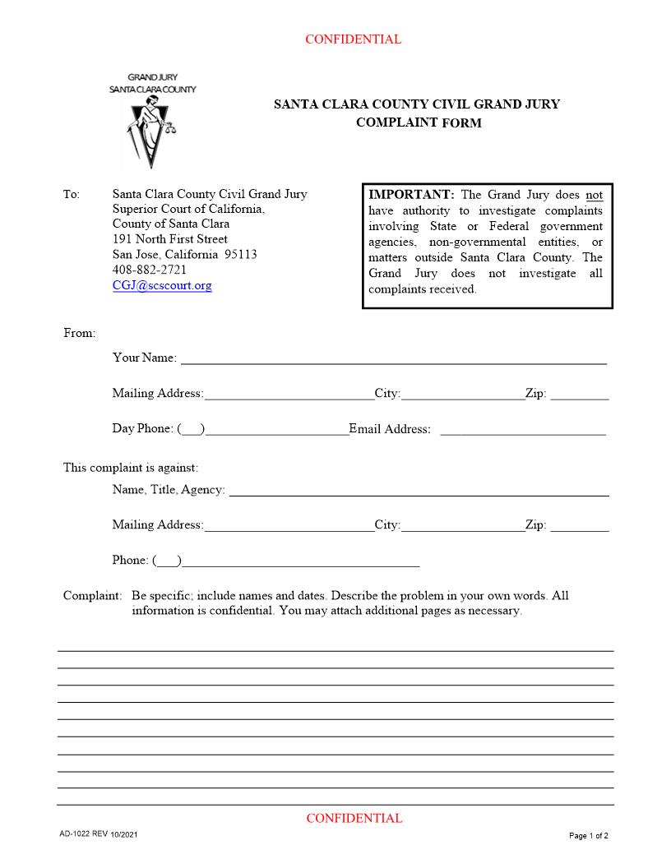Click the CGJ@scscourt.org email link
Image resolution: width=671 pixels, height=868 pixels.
[x=162, y=286]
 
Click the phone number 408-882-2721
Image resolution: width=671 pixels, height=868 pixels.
[x=149, y=270]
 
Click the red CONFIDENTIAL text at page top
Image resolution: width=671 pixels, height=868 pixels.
[x=353, y=39]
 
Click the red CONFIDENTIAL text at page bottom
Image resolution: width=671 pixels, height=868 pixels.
[x=354, y=818]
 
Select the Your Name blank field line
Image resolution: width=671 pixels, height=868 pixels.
[x=393, y=358]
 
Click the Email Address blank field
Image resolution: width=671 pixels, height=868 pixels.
[x=523, y=429]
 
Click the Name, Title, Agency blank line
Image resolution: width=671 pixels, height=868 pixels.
[x=419, y=490]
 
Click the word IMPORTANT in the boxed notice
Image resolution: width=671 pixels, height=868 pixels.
[x=411, y=195]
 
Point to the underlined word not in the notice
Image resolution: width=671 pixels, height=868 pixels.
[x=594, y=196]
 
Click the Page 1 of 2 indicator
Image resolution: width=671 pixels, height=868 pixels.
[x=588, y=836]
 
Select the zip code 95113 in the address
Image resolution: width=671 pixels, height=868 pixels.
[x=240, y=255]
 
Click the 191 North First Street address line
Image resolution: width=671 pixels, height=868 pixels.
[x=169, y=239]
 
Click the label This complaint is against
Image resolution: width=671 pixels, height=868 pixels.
[x=131, y=468]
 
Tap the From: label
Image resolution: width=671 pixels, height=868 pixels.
[x=80, y=333]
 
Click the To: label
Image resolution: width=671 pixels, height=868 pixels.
[x=72, y=195]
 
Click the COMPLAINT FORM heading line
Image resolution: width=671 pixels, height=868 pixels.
[x=418, y=123]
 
